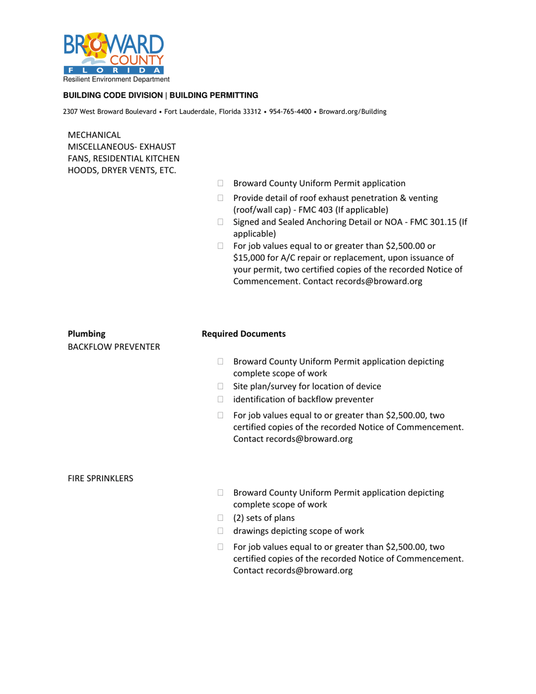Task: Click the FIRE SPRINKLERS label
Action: coord(100,478)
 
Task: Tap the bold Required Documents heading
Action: coord(244,334)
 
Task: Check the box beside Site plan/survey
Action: coord(221,386)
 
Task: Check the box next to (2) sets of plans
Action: coord(221,519)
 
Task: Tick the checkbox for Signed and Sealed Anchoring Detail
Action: coord(221,222)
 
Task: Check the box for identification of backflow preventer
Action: coord(221,400)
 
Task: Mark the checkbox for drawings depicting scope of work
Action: coord(221,532)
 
